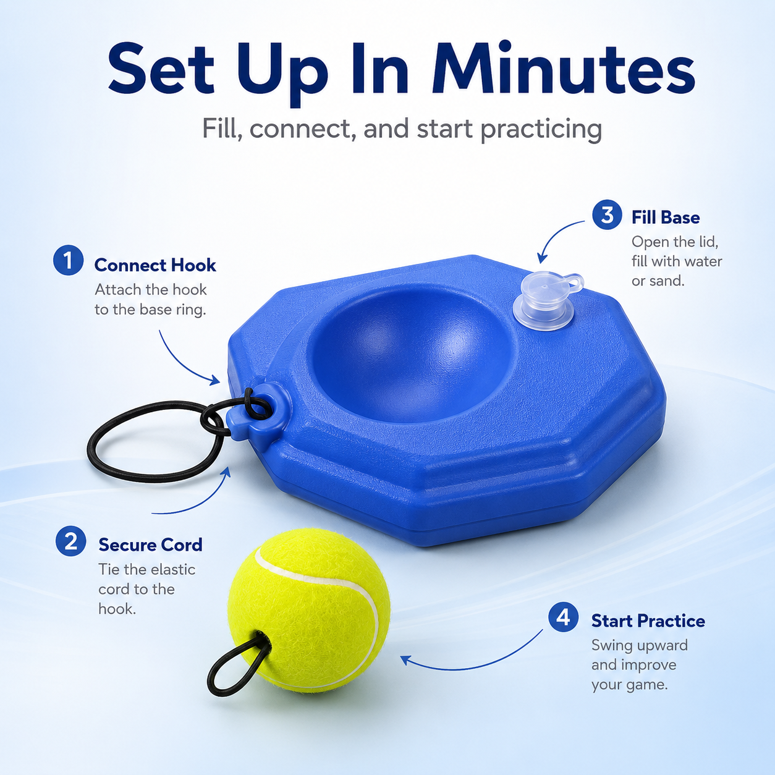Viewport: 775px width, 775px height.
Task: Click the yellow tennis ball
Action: tap(309, 610)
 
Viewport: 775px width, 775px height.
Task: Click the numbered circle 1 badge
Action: tap(69, 260)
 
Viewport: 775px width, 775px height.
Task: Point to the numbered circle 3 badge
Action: tap(608, 215)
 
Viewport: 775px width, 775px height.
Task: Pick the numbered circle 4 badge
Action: tap(564, 617)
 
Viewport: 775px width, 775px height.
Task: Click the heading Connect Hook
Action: tap(155, 265)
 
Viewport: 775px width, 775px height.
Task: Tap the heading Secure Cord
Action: tap(150, 545)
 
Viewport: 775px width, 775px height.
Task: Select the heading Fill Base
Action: tap(665, 218)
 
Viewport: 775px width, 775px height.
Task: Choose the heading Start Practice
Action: tap(648, 621)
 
